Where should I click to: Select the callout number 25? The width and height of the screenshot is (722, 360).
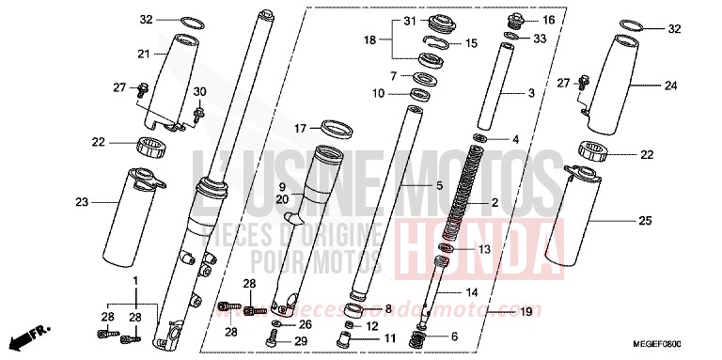click(x=644, y=220)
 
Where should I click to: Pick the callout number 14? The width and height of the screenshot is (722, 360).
click(x=470, y=292)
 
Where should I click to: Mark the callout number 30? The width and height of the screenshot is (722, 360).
click(x=198, y=90)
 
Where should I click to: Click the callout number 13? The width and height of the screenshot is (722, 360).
click(x=484, y=249)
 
